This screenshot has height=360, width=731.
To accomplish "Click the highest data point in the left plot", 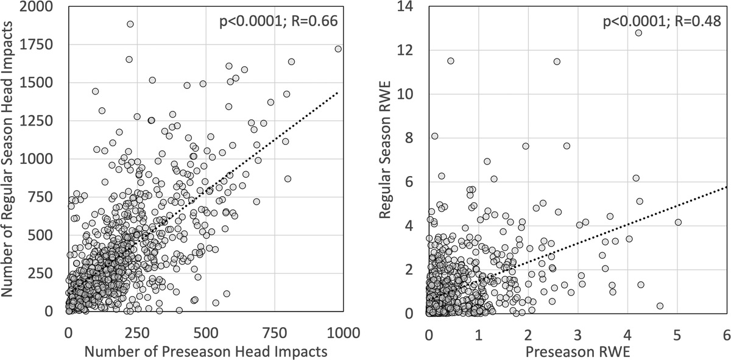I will click(130, 24).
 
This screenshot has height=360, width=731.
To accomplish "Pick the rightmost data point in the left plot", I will click(338, 49).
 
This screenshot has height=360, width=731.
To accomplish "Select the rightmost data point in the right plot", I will click(678, 222).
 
